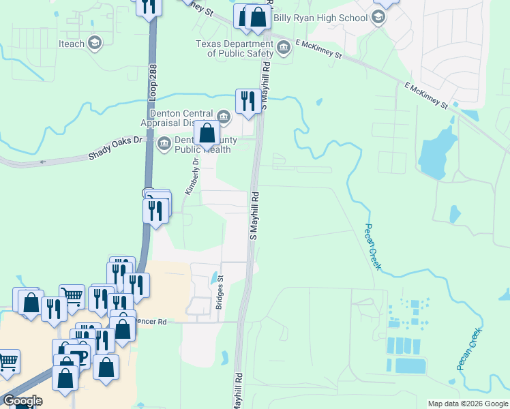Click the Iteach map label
pos(72,44)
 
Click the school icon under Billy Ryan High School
pos(378,18)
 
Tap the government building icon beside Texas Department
pos(282,48)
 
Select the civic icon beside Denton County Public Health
pos(164,143)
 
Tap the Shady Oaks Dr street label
pos(117,147)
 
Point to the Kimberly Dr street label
pos(191,175)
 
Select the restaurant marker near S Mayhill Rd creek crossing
pos(246,102)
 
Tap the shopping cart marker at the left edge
pos(7,361)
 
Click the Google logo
pos(22,401)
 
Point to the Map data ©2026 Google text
pos(467,404)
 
